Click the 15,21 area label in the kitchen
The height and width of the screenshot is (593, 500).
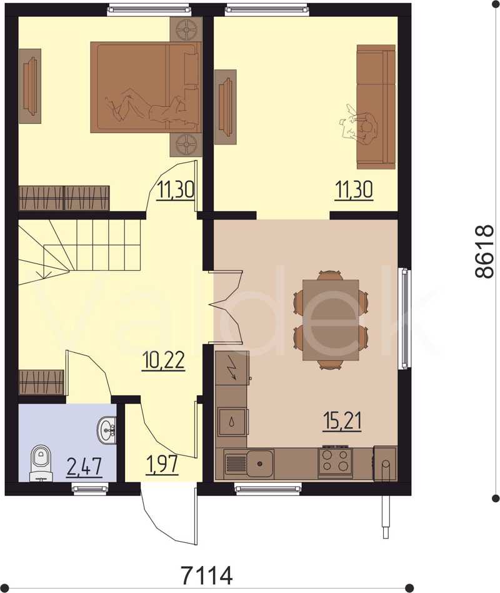342,422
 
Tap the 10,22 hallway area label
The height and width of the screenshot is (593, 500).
163,361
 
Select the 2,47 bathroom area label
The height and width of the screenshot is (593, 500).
84,467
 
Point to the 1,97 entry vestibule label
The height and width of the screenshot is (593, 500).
162,464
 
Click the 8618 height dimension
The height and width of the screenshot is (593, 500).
484,252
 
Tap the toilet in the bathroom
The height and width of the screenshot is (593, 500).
40,464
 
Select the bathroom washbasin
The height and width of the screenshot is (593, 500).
107,430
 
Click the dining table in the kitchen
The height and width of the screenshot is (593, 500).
331,320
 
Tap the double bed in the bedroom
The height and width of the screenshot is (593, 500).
146,87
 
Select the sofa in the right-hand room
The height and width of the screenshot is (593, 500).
376,106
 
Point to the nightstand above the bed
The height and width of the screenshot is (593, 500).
186,29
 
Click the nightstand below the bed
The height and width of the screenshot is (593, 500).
186,144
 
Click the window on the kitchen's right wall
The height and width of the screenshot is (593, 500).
405,318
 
